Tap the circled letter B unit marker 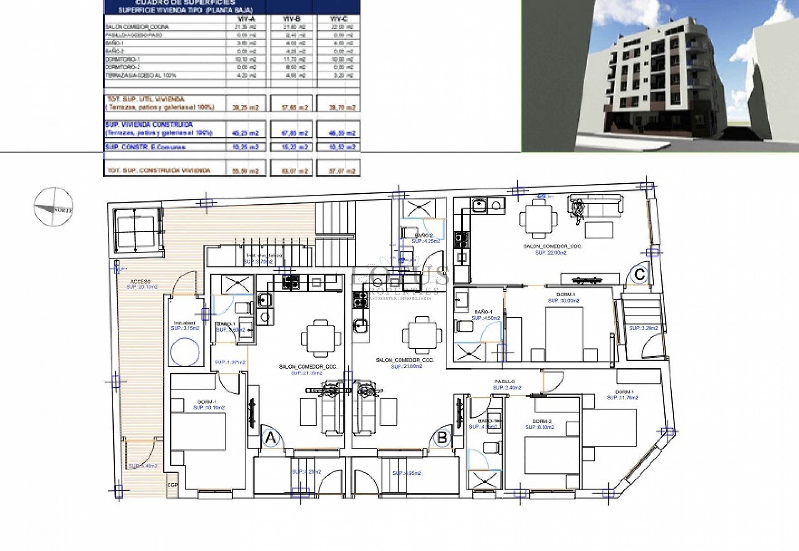pyautogui.click(x=442, y=437)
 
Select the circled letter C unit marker pyautogui.click(x=640, y=274)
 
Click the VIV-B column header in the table pyautogui.click(x=291, y=19)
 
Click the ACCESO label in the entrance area pyautogui.click(x=141, y=282)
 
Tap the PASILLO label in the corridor pyautogui.click(x=504, y=381)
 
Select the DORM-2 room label pyautogui.click(x=541, y=421)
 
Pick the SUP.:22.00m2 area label pyautogui.click(x=551, y=252)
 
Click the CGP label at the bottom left pyautogui.click(x=172, y=485)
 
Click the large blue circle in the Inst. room pyautogui.click(x=185, y=350)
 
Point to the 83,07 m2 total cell pyautogui.click(x=294, y=171)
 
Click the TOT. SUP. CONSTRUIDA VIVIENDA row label pyautogui.click(x=159, y=171)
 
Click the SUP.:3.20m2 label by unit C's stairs pyautogui.click(x=643, y=328)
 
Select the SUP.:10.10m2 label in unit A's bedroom pyautogui.click(x=208, y=407)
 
